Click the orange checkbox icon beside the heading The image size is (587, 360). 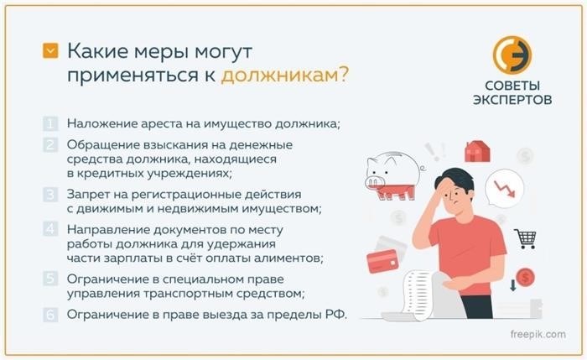[50, 50]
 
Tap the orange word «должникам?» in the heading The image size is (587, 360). [285, 75]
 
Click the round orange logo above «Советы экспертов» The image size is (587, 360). [512, 55]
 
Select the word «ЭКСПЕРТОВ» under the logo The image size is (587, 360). [512, 100]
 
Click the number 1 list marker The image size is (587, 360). [50, 123]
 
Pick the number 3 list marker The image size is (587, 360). [50, 195]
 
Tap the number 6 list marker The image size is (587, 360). [50, 315]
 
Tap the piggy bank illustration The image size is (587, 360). [394, 175]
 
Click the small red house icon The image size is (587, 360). [477, 151]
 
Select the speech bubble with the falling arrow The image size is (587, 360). [504, 189]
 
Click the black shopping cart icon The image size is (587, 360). [526, 238]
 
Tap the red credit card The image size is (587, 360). [382, 261]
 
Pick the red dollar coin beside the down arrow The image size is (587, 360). [525, 278]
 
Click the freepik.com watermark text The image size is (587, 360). [538, 334]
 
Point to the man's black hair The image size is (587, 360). [455, 178]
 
